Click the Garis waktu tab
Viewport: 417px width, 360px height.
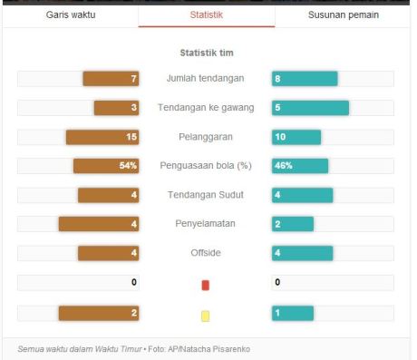click(70, 15)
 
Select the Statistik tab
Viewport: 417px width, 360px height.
click(206, 15)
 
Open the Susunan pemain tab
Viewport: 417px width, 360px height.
click(343, 15)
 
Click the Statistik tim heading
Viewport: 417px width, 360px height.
click(206, 53)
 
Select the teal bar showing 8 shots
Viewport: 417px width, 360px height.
click(305, 79)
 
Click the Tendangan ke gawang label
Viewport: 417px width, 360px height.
click(206, 108)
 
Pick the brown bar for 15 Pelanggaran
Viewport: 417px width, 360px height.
click(102, 137)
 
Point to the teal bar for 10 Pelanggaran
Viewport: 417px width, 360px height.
click(296, 137)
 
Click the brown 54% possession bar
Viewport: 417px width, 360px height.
click(106, 166)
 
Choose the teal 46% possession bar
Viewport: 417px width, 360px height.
click(300, 166)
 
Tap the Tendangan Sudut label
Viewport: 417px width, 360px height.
click(206, 195)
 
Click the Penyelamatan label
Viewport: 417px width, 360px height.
click(206, 224)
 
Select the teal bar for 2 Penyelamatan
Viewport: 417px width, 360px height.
click(292, 224)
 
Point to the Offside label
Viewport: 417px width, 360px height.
click(206, 253)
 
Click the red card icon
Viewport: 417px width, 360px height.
click(206, 285)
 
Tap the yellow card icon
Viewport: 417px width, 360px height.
click(206, 315)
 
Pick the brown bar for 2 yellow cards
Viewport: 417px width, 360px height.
click(99, 313)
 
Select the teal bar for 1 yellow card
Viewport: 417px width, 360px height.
click(292, 313)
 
